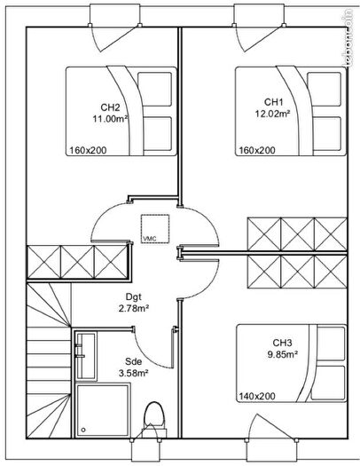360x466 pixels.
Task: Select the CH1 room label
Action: tap(273, 102)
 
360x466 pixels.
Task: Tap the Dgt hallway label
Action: tap(133, 297)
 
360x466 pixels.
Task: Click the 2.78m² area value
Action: tap(133, 309)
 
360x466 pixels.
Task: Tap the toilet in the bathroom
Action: tap(153, 419)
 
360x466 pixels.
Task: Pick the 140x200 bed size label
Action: tap(257, 396)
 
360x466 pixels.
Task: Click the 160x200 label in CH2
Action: tap(85, 150)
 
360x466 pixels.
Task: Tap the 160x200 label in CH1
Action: tap(255, 150)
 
